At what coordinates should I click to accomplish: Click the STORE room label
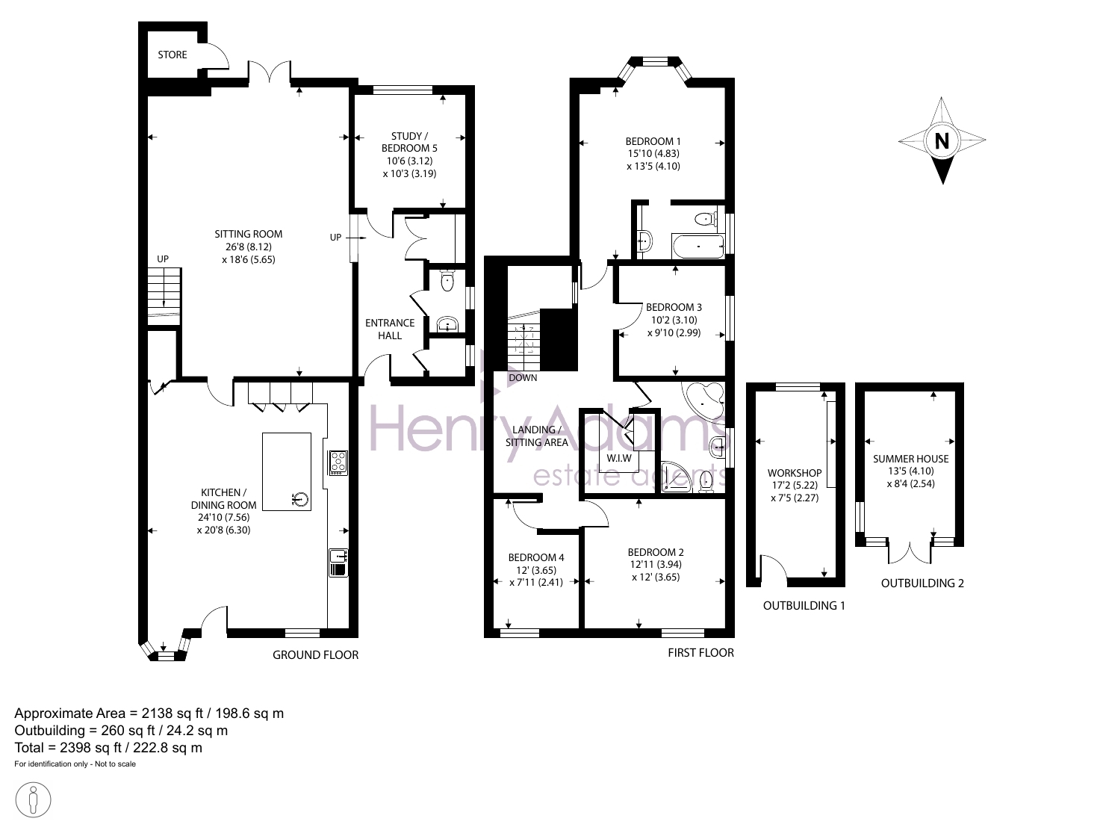pyautogui.click(x=172, y=55)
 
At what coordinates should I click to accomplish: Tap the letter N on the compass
pyautogui.click(x=942, y=141)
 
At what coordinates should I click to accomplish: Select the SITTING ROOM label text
pyautogui.click(x=248, y=235)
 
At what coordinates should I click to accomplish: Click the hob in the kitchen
pyautogui.click(x=338, y=462)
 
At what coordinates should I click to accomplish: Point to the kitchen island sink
pyautogui.click(x=300, y=500)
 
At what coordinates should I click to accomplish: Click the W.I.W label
pyautogui.click(x=619, y=459)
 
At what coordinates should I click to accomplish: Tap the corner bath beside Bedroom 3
pyautogui.click(x=703, y=399)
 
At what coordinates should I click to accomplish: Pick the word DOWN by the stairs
pyautogui.click(x=523, y=378)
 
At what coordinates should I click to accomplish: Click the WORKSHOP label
pyautogui.click(x=795, y=473)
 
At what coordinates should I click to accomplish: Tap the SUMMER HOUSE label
pyautogui.click(x=910, y=459)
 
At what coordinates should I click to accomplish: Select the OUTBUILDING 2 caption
pyautogui.click(x=922, y=583)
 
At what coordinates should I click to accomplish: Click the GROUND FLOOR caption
pyautogui.click(x=316, y=655)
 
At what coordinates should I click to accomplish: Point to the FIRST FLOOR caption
pyautogui.click(x=700, y=653)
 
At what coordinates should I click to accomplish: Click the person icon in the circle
pyautogui.click(x=33, y=800)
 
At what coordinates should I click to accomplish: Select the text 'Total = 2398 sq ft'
pyautogui.click(x=68, y=748)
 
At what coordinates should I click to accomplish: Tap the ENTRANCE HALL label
pyautogui.click(x=390, y=329)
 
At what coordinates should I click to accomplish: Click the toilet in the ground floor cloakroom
pyautogui.click(x=447, y=280)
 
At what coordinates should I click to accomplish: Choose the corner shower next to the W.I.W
pyautogui.click(x=677, y=477)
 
